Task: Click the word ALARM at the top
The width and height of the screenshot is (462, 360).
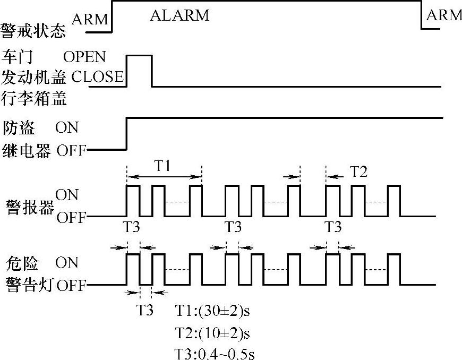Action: (x=179, y=15)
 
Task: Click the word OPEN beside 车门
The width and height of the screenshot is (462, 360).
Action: (x=84, y=56)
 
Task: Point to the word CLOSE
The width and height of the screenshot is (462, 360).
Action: (x=97, y=77)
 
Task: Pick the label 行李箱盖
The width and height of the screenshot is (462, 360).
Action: (x=34, y=98)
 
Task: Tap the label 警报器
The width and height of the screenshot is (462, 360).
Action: (x=30, y=206)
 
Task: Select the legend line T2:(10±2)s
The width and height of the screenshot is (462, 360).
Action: (x=212, y=333)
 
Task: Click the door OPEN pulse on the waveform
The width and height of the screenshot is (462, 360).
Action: (x=139, y=55)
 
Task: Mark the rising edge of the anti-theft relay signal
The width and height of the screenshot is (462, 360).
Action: (x=126, y=134)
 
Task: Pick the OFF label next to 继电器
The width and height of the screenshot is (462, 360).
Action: (x=71, y=151)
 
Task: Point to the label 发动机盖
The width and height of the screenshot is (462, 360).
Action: (x=34, y=78)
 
